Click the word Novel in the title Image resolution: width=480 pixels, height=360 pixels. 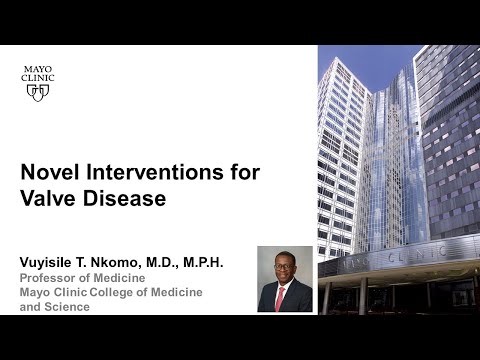47,172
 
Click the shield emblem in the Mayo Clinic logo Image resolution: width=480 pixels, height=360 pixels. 38,91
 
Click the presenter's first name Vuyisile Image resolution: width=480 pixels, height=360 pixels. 53,262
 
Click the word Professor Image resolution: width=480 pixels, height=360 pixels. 49,277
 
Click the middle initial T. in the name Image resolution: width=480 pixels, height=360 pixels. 94,262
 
